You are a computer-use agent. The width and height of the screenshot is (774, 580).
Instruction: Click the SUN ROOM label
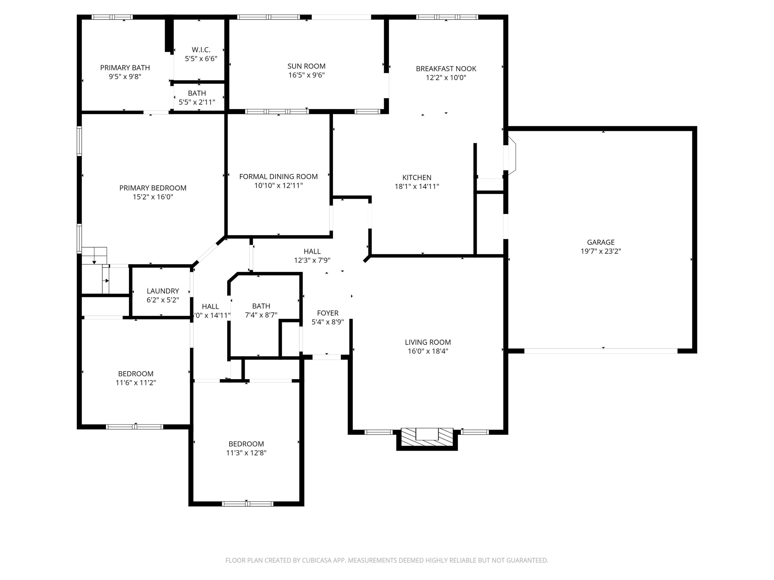click(x=306, y=66)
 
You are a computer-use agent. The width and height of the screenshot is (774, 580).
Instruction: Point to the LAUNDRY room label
click(x=163, y=291)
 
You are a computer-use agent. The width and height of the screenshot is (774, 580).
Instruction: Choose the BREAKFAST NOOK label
click(x=446, y=69)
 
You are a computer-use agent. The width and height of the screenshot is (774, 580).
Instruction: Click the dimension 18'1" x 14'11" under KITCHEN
click(x=417, y=186)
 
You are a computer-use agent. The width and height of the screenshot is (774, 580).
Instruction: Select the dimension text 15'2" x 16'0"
click(x=153, y=197)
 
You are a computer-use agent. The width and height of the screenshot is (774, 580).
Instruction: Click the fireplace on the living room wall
click(x=427, y=439)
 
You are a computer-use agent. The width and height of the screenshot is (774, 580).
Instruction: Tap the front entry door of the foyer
click(x=326, y=357)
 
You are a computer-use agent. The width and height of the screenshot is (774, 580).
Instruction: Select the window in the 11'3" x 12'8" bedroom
click(x=247, y=503)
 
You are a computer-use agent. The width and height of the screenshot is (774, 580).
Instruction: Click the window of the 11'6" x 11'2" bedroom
click(x=134, y=427)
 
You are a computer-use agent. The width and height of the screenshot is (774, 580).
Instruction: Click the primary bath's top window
click(x=112, y=17)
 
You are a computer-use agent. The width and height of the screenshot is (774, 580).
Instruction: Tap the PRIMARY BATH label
click(x=125, y=68)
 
